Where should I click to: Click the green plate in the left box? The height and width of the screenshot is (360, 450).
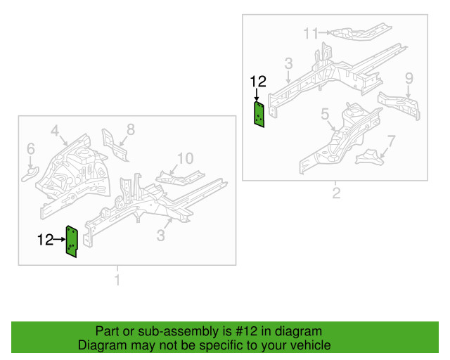click(x=72, y=242)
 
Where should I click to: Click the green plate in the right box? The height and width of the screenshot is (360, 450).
click(x=259, y=115)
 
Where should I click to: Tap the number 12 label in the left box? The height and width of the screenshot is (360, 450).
click(x=45, y=240)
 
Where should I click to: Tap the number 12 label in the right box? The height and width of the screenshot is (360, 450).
click(x=257, y=82)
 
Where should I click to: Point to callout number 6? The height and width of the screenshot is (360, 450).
click(x=30, y=148)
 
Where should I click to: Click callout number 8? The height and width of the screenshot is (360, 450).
click(x=130, y=129)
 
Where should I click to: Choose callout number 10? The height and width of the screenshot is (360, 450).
click(x=184, y=158)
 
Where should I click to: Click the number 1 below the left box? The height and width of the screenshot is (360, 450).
click(x=117, y=281)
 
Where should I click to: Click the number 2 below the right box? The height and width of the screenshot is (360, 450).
click(x=336, y=193)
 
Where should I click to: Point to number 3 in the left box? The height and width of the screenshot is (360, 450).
click(x=161, y=236)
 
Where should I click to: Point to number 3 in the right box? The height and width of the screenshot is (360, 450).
click(x=288, y=65)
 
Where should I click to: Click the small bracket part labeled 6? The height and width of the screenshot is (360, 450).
click(x=31, y=171)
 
